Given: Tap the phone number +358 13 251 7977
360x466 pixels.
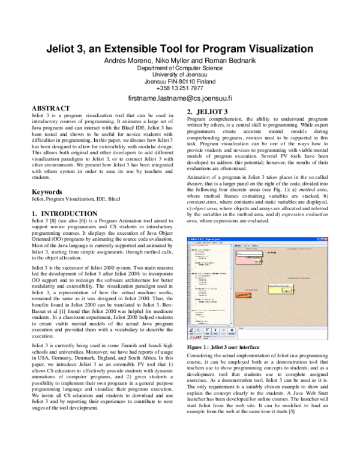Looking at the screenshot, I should tap(179, 88).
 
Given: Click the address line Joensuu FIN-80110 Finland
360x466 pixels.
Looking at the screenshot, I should tap(179, 81).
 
